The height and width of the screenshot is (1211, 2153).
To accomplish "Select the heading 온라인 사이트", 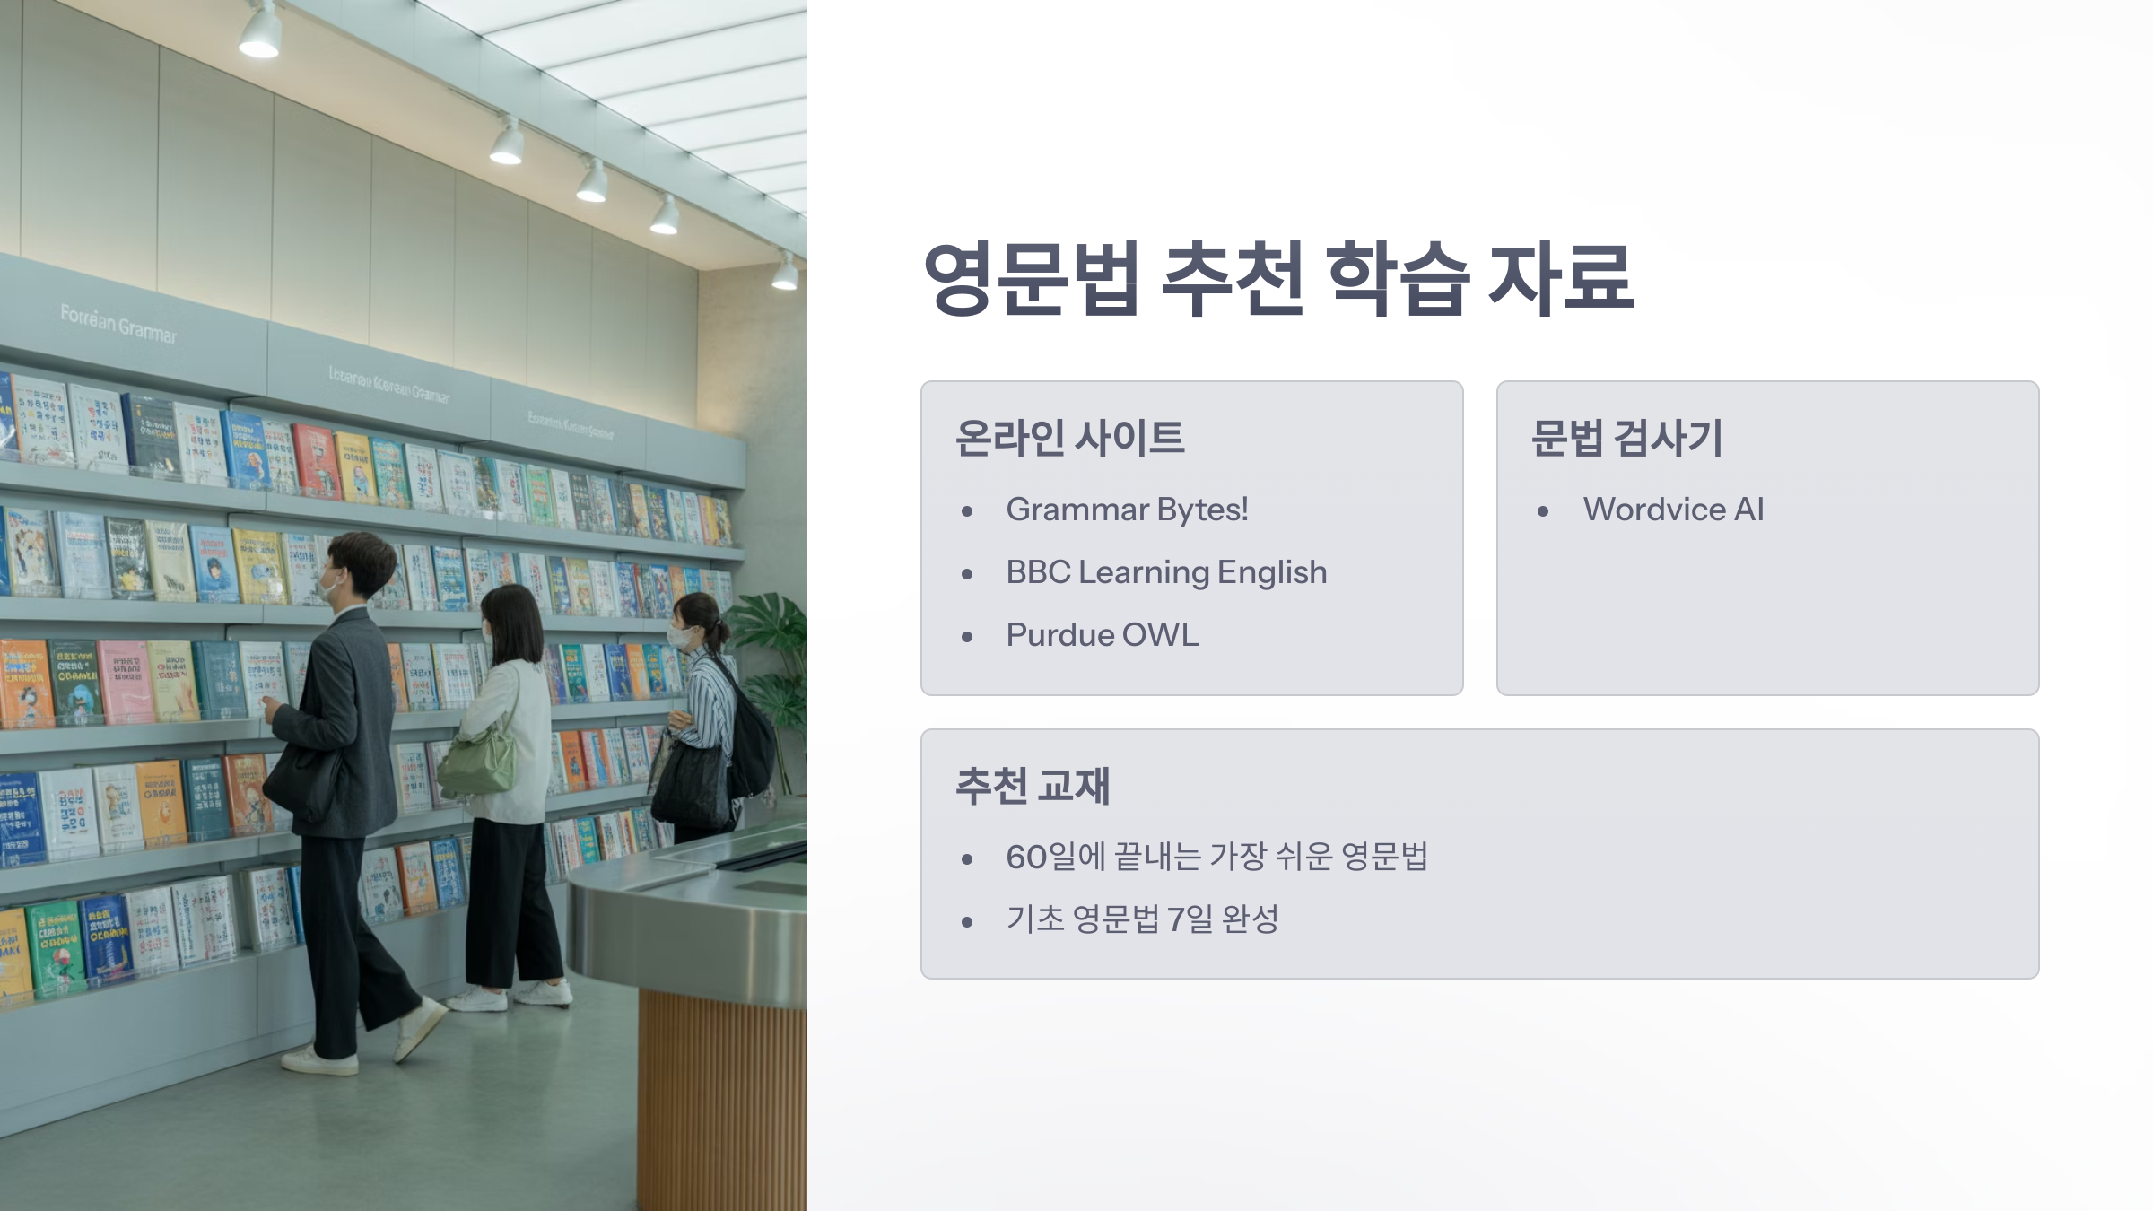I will (x=1069, y=439).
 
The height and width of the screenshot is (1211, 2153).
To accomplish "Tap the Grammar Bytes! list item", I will (x=1127, y=510).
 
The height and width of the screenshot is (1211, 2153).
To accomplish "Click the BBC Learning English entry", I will (x=1166, y=572).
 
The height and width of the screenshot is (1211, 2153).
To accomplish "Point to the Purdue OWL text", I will (x=1102, y=635).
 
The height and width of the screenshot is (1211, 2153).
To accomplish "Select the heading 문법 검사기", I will (x=1626, y=439).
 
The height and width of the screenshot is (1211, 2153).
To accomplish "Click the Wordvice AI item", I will (x=1673, y=510).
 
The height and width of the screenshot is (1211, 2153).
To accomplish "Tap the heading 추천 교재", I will (x=1033, y=786).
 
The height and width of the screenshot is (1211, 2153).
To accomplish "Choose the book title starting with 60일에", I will (x=1216, y=857).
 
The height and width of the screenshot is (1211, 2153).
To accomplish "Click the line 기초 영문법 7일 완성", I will (x=1142, y=919).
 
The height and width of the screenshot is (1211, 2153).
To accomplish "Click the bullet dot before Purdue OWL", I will (x=967, y=637).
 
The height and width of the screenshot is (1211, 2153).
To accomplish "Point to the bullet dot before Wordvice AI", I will (x=1543, y=511).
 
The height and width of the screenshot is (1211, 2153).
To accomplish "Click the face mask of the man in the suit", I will (x=329, y=588).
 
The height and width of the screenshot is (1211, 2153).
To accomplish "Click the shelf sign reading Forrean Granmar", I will (x=118, y=324).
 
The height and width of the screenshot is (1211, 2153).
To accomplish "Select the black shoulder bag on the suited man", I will (x=303, y=780).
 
